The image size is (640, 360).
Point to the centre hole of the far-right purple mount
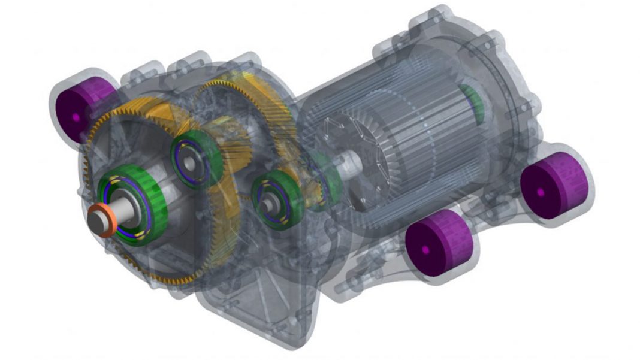tap(541, 192)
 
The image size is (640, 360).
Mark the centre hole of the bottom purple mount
tap(426, 249)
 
